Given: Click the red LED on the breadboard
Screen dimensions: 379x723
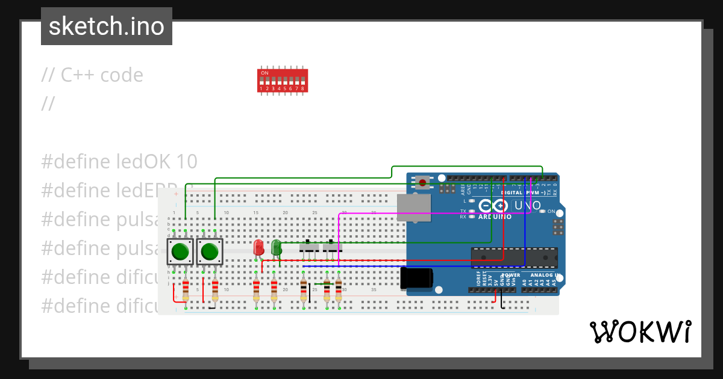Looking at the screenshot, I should click(258, 247).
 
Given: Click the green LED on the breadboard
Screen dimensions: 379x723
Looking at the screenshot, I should click(276, 247).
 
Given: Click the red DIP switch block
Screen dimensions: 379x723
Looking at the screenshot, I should click(283, 80).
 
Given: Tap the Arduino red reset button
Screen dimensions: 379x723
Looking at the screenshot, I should click(423, 182).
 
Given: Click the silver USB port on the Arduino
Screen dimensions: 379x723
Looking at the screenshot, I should click(415, 208).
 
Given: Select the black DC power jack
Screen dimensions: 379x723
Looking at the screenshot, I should click(416, 278).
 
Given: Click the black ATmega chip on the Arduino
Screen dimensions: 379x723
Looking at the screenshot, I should click(514, 257).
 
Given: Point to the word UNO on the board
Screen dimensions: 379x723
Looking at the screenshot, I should click(528, 205).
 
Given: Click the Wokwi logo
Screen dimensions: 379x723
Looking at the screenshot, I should click(640, 331).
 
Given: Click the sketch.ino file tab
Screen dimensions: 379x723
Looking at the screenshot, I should click(107, 26).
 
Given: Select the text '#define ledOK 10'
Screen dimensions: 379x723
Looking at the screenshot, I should click(119, 161).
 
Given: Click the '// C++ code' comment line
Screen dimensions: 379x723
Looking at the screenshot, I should click(92, 75).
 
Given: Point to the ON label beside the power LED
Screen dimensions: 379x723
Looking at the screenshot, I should click(551, 211).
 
